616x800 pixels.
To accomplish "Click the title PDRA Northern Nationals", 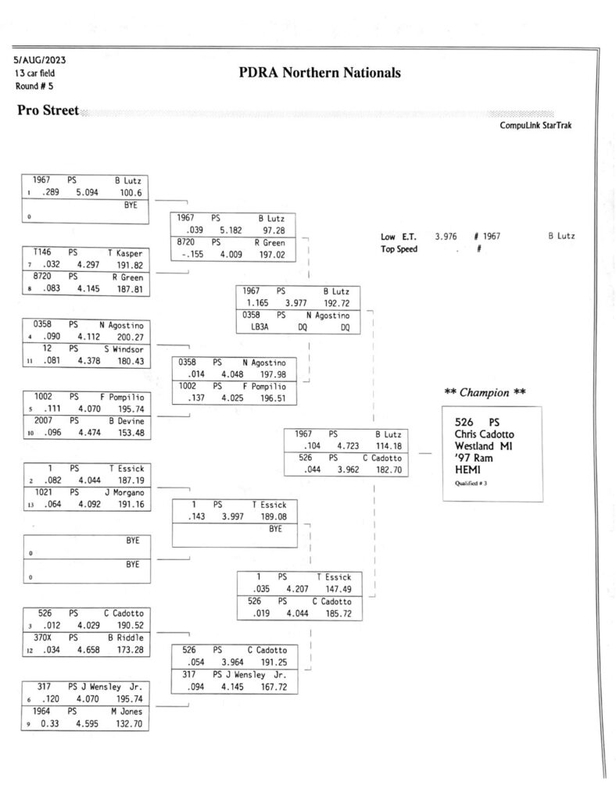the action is pos(320,73).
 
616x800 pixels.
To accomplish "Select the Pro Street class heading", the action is pos(48,110).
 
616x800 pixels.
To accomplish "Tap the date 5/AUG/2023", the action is pos(40,60).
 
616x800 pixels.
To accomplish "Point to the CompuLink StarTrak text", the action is pos(535,126).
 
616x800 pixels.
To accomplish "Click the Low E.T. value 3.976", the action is pos(446,237).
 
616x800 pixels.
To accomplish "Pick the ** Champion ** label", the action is pos(485,392).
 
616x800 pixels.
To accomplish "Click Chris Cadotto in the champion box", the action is pos(485,434).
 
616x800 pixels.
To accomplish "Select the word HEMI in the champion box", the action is pos(467,470).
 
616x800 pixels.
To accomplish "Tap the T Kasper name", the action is pos(125,253).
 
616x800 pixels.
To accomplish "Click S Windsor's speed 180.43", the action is pos(131,361).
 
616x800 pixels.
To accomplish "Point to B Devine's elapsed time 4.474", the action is pos(89,433).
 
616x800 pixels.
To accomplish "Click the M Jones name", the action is pos(127,711).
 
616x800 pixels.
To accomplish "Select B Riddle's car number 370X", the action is pos(42,637).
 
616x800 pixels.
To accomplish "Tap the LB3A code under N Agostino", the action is pos(260,327).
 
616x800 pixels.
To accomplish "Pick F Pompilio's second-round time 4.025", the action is pos(232,398).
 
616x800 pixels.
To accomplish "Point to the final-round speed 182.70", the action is pos(389,470).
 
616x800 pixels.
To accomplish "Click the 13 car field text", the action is pos(34,73).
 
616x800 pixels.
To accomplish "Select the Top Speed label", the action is pos(399,249).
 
